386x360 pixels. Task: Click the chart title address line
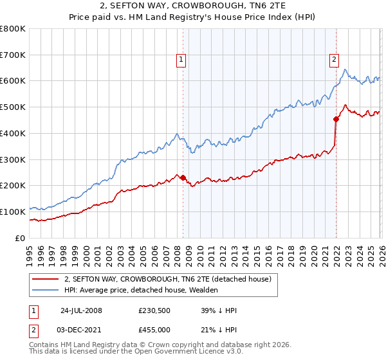click(x=193, y=6)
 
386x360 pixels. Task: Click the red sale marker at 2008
click(x=183, y=177)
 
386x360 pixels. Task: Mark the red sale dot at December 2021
click(x=336, y=119)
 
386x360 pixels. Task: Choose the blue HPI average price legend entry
click(x=141, y=290)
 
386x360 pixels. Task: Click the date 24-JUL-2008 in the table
click(x=81, y=310)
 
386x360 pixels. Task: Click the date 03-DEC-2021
click(x=81, y=329)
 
